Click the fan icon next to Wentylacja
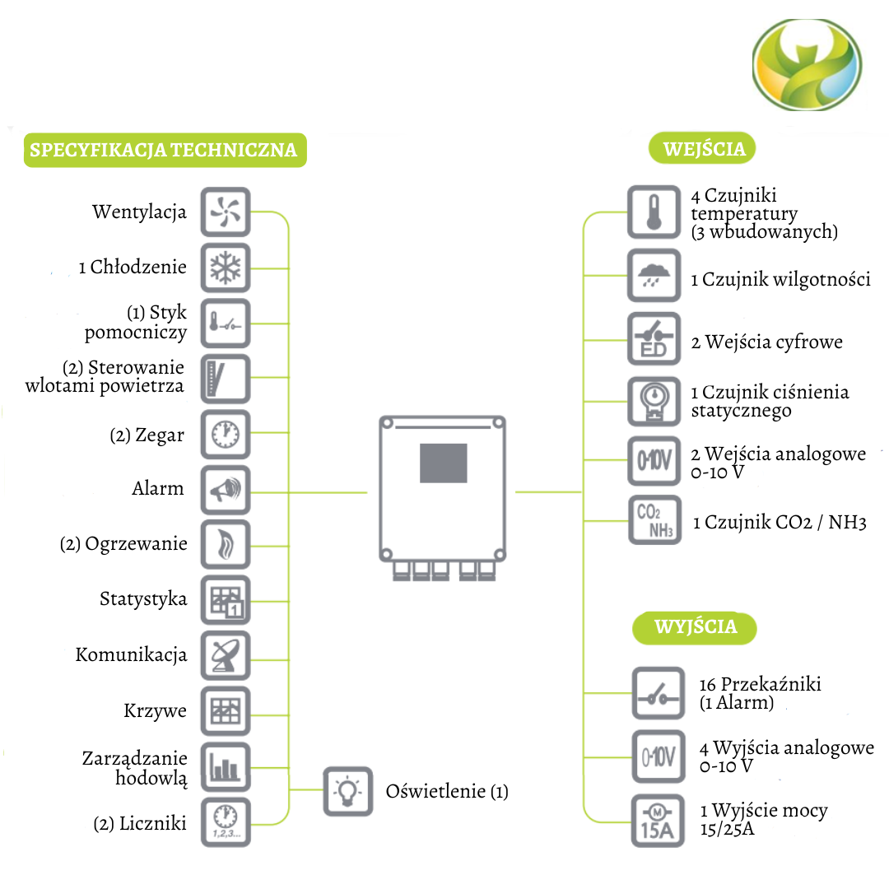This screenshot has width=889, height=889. [226, 212]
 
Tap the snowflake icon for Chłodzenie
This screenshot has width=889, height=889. [226, 267]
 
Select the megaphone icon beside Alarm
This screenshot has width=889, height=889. [226, 489]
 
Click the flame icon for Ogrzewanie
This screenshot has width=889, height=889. [226, 544]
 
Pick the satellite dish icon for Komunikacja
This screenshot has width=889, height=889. [226, 655]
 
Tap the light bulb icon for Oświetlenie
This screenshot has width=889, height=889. [347, 791]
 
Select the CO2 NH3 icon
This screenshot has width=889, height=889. [654, 520]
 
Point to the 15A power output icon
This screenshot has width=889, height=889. [657, 821]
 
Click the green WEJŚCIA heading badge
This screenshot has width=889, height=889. [704, 149]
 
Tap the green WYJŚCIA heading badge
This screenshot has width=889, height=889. [695, 627]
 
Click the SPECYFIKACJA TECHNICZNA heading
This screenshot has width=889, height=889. [164, 151]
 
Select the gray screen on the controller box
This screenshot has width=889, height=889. [443, 463]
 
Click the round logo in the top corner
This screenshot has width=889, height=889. [807, 65]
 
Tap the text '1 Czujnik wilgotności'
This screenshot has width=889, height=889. [780, 280]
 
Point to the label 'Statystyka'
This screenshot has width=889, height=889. [143, 599]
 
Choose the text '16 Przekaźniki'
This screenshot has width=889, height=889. [760, 684]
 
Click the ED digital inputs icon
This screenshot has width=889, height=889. [654, 338]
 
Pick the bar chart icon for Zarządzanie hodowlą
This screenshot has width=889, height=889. [226, 766]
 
